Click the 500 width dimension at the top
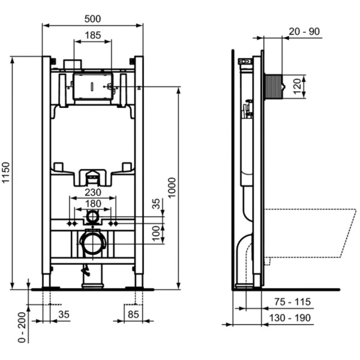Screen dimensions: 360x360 click(x=92, y=19)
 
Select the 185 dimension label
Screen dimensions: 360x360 click(x=92, y=35)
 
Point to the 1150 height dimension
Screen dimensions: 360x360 click(x=6, y=173)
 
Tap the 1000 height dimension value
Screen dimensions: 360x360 click(x=172, y=188)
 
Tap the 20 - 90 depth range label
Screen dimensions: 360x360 click(x=304, y=31)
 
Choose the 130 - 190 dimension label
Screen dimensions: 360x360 click(x=291, y=318)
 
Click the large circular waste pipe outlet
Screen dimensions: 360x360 click(x=92, y=242)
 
